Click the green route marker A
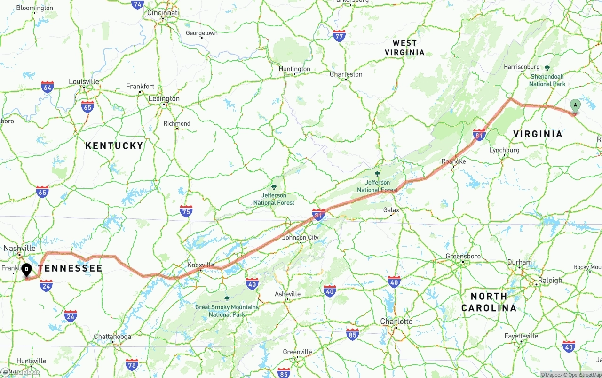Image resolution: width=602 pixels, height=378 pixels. coord(575,105)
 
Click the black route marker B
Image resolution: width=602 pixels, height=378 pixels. coord(27,270)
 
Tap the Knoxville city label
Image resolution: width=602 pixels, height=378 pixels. coord(201,265)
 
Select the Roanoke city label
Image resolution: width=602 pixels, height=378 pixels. coord(453,161)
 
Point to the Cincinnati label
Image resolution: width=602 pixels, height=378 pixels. coord(163,13)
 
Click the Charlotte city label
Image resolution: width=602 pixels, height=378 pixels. coord(396,322)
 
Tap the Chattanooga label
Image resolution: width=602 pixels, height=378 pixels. coord(112,337)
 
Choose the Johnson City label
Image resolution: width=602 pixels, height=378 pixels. coord(300,238)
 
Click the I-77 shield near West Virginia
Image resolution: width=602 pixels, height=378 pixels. coord(339,35)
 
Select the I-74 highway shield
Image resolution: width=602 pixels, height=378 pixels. coord(137,5)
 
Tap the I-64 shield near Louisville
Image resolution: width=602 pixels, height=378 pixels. coord(47,87)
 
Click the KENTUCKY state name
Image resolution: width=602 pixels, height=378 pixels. coord(114,146)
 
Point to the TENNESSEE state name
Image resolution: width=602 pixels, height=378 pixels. coord(70,268)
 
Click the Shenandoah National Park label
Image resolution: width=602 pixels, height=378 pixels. coord(547,80)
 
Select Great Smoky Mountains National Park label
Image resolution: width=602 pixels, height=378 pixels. coord(227,311)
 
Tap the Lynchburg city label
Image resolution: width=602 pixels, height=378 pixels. coord(504,150)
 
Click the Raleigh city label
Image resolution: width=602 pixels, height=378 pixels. coord(550,281)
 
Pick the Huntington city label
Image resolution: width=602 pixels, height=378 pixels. coord(294,69)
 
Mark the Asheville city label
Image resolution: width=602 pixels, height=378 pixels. coord(287,294)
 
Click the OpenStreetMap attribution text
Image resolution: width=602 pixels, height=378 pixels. coord(585,375)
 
